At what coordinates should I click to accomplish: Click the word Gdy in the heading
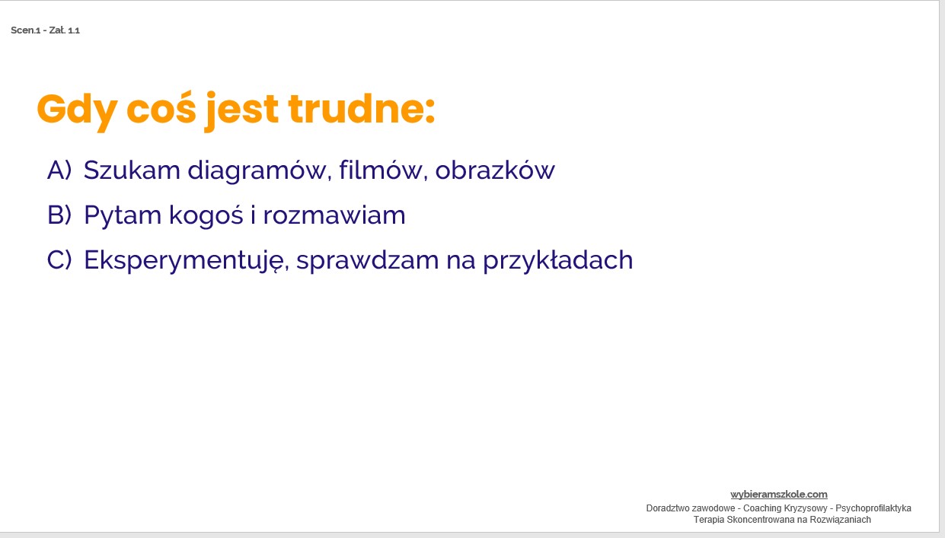(x=77, y=111)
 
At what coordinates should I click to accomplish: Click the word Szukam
(x=132, y=170)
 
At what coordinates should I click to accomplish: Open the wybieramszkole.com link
(x=778, y=495)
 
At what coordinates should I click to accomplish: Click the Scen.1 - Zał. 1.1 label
(x=46, y=30)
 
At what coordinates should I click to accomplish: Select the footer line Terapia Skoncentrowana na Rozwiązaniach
(x=781, y=520)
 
